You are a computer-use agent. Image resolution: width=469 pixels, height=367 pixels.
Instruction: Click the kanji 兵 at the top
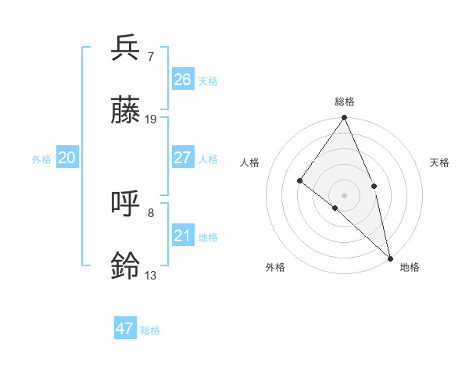point(126,49)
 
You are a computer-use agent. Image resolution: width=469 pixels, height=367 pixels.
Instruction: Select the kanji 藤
point(126,112)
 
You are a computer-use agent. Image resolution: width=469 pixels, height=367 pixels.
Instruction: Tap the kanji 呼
point(126,205)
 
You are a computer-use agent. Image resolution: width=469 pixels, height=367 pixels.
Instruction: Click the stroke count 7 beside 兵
point(151,56)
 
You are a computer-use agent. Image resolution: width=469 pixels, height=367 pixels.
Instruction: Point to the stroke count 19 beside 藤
point(151,119)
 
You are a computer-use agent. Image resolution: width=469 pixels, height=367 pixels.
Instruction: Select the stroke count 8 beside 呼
point(151,212)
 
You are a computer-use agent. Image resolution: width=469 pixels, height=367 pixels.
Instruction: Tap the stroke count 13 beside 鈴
point(151,276)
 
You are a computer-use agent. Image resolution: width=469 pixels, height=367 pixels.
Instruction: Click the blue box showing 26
point(183,79)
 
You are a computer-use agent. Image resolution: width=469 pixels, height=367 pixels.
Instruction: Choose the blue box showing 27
point(183,158)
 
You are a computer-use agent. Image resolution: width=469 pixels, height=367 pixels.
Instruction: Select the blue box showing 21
point(183,236)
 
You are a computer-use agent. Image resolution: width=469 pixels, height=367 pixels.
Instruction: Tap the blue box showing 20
point(67,158)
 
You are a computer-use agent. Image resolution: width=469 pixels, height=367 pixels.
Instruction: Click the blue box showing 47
point(125,329)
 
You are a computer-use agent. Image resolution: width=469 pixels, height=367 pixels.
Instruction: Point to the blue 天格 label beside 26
point(208,80)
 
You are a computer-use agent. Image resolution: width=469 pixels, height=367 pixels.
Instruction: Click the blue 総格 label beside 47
point(150,330)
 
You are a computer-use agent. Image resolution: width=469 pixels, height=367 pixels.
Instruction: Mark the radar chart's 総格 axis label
point(345,102)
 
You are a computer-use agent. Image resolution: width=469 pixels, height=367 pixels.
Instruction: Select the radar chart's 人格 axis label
point(249,163)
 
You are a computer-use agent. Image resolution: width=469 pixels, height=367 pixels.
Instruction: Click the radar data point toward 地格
point(390,257)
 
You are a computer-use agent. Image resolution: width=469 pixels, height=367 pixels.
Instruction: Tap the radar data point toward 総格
point(345,118)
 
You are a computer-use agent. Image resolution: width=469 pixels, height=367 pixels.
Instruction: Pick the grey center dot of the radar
point(345,194)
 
